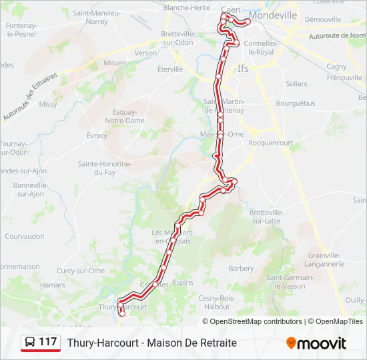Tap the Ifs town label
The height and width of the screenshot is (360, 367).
tap(243, 68)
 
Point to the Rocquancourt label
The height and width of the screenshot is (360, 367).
tap(270, 142)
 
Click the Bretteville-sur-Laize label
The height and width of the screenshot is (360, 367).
tap(266, 216)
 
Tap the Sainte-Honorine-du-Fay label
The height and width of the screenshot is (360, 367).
tap(105, 168)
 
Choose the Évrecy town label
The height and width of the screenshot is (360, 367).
tap(97, 135)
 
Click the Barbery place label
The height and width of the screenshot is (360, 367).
tap(241, 269)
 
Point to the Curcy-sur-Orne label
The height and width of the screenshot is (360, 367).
tap(81, 271)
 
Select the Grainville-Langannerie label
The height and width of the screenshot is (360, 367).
tap(326, 259)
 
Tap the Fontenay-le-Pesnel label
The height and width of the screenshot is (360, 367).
tap(21, 29)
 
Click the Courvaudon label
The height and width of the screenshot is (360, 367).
tap(25, 236)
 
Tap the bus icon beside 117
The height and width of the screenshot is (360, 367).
tap(30, 342)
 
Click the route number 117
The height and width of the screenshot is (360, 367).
tap(48, 342)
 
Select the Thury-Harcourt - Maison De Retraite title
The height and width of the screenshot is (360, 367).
tap(151, 343)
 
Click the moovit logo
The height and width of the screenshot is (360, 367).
tap(316, 343)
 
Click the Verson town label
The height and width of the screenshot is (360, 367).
tap(145, 53)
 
